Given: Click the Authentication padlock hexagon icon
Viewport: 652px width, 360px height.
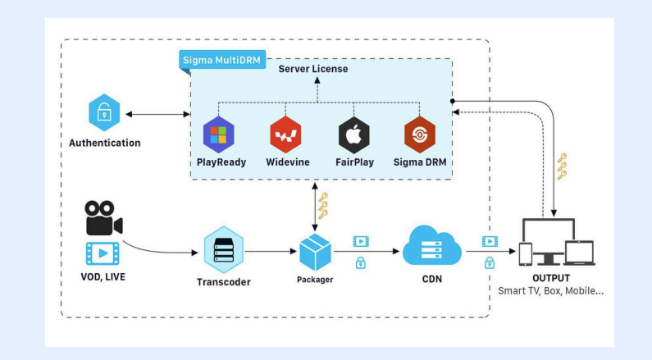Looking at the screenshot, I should (104, 112).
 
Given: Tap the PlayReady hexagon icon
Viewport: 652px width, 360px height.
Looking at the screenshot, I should (219, 134).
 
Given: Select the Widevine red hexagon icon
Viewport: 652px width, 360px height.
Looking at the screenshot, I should (285, 135).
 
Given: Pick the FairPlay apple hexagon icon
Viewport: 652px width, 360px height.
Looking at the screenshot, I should (353, 135).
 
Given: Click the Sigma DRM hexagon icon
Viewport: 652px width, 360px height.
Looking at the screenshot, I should (420, 135).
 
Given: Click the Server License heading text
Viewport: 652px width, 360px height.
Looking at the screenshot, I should (313, 69).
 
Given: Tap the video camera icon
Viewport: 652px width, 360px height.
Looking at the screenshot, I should (103, 216).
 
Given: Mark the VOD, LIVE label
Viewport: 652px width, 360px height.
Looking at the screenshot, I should (103, 276).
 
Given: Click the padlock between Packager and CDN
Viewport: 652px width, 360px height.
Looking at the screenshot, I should (360, 262).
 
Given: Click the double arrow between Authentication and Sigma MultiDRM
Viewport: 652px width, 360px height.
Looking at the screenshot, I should (158, 112).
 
